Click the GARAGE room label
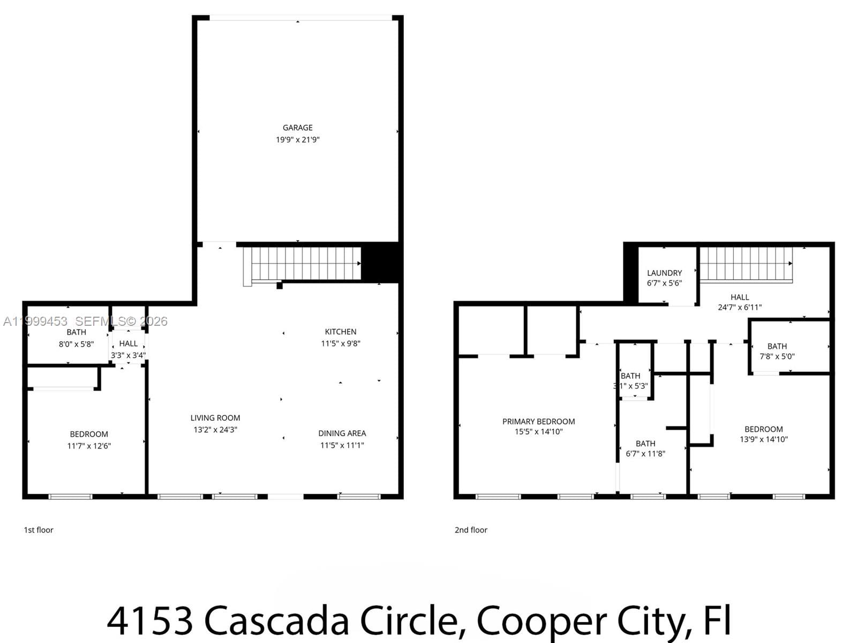(x=297, y=128)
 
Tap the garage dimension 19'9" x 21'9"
(x=297, y=140)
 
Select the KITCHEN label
(x=340, y=332)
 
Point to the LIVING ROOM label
(x=215, y=418)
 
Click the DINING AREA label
(x=342, y=433)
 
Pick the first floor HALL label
(x=128, y=343)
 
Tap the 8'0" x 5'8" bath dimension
(x=76, y=344)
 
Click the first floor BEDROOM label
(x=89, y=434)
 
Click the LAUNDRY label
(x=664, y=273)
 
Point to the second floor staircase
(x=746, y=264)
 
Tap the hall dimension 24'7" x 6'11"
(x=739, y=308)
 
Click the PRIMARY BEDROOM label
(x=538, y=422)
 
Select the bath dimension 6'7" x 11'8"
(x=645, y=454)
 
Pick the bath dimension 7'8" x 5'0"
(x=777, y=356)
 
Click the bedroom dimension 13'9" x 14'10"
(x=763, y=439)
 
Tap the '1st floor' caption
(x=39, y=530)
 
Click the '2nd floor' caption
(x=471, y=530)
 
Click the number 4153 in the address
(x=150, y=620)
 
